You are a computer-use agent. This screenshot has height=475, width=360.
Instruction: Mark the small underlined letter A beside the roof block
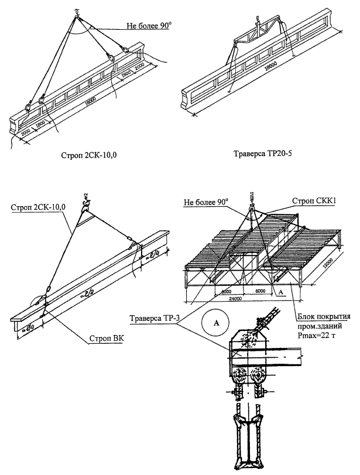[281, 291]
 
